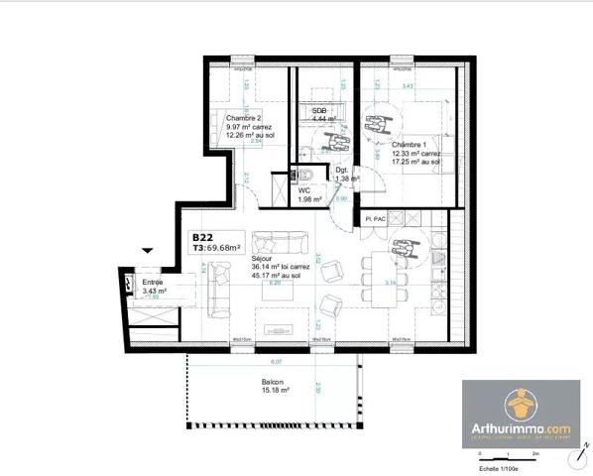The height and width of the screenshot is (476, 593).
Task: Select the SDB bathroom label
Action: tap(320, 110)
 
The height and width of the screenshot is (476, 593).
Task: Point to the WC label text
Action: tap(305, 190)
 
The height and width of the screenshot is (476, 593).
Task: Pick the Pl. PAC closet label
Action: tap(374, 217)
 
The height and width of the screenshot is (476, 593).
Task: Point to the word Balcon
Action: tap(274, 382)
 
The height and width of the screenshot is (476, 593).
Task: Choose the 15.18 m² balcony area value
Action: tap(276, 391)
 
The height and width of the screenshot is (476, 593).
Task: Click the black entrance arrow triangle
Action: tap(149, 253)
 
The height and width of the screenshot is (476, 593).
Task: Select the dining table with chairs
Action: tap(380, 274)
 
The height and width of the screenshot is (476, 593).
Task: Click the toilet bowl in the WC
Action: tap(305, 176)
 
